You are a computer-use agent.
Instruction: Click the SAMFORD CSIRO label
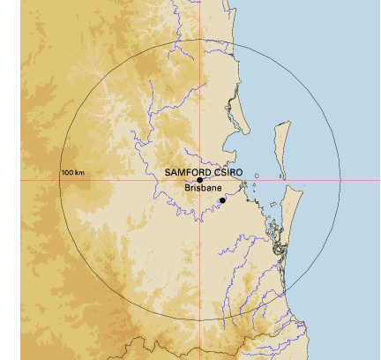pos(204,171)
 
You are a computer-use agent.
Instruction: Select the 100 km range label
pos(71,172)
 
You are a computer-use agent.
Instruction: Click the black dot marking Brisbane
pos(222,200)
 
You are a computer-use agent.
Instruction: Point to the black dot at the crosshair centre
pos(200,180)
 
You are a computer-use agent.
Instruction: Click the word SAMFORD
pos(186,171)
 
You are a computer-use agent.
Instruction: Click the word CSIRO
pos(227,171)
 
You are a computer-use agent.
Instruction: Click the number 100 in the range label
pos(67,172)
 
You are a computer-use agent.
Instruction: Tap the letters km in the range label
pos(78,172)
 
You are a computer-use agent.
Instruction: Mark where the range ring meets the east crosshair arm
pos(340,180)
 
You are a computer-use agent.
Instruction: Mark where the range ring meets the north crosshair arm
pos(200,39)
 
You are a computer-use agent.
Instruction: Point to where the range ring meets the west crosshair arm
pos(60,180)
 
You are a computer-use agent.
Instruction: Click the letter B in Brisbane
pos(188,188)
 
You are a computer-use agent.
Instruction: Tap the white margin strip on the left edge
pos(10,176)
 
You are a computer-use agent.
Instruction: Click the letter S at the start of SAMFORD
pos(168,171)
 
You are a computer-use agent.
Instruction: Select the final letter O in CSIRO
pos(239,171)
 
